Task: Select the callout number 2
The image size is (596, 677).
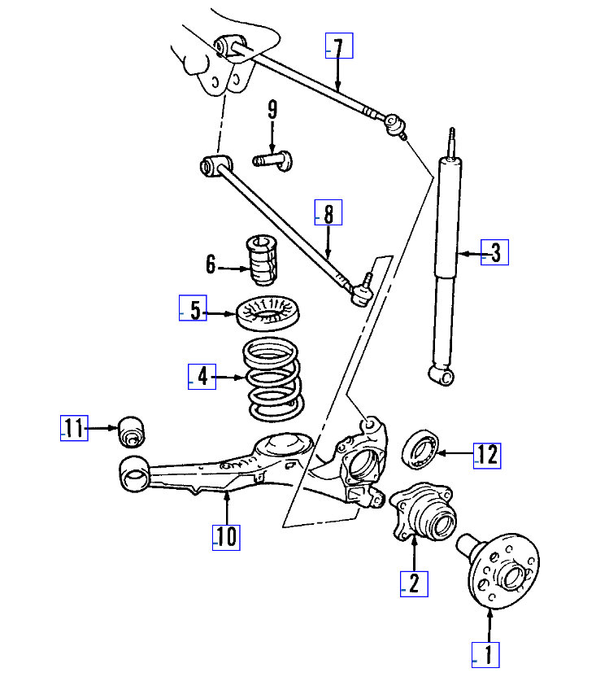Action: pyautogui.click(x=414, y=583)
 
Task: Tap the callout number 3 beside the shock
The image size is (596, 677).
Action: pyautogui.click(x=495, y=253)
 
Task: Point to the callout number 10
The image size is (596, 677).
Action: pyautogui.click(x=227, y=536)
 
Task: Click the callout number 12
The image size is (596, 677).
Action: pyautogui.click(x=488, y=455)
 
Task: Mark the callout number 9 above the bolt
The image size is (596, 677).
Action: pyautogui.click(x=272, y=109)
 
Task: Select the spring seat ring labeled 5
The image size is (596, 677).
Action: pyautogui.click(x=268, y=314)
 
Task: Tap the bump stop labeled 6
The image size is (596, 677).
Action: pyautogui.click(x=261, y=261)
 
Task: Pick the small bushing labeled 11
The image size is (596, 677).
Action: pyautogui.click(x=131, y=430)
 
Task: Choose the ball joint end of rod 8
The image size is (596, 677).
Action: pyautogui.click(x=360, y=291)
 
